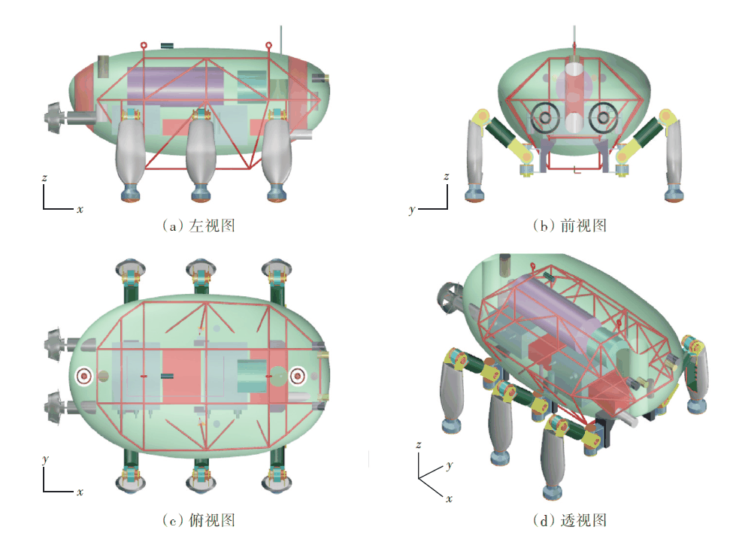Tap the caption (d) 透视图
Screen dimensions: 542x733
tap(569, 519)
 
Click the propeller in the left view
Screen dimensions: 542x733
tap(56, 118)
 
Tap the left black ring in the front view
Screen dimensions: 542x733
tap(544, 117)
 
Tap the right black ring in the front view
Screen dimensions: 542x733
tap(602, 117)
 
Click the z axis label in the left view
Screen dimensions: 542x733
tap(45, 178)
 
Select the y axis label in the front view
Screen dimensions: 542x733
tap(412, 210)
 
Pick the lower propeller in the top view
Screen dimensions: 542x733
tap(57, 406)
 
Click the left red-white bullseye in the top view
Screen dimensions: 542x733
tap(85, 374)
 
